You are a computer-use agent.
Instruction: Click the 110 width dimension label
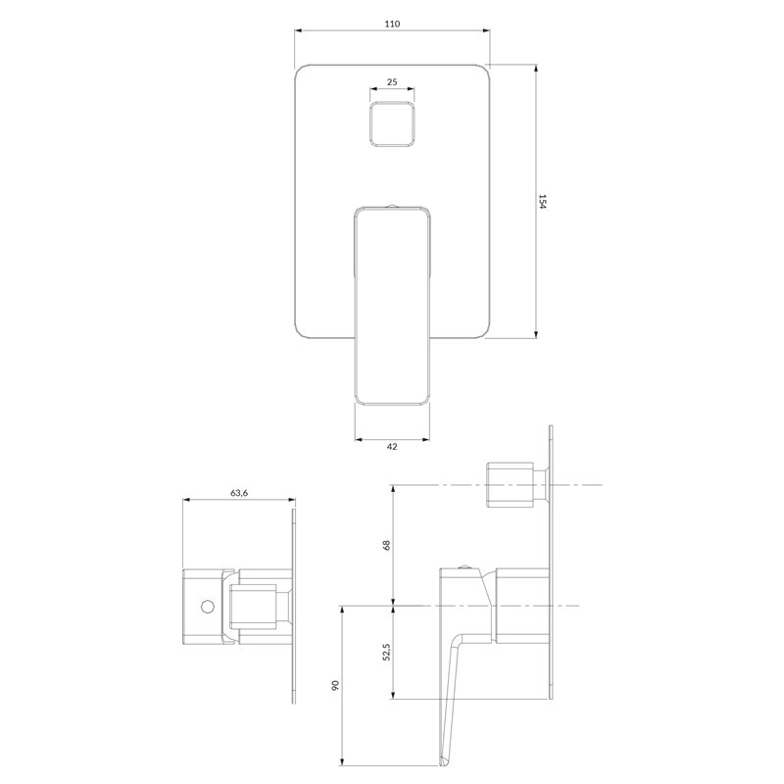point(393,24)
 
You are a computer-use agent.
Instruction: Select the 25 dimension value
point(392,81)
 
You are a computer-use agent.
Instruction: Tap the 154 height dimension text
point(543,202)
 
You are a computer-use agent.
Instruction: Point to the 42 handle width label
point(392,447)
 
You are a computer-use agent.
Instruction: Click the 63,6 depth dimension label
point(239,493)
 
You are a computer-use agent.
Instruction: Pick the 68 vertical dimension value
point(386,545)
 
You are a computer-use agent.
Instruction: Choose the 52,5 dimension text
point(386,652)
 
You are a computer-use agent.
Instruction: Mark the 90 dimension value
point(335,685)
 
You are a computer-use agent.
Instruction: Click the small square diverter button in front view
point(392,124)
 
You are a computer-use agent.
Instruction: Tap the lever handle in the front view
point(393,305)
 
